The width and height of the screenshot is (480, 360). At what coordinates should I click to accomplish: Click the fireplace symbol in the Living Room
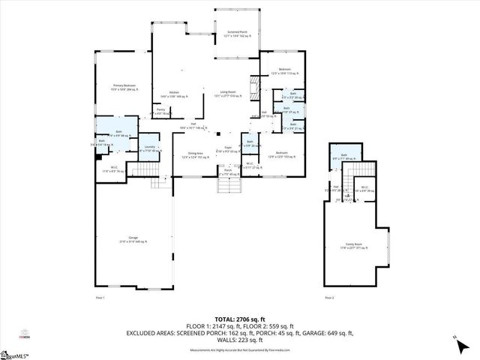[255, 88]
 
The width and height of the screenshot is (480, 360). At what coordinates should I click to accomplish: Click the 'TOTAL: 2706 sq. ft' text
[240, 319]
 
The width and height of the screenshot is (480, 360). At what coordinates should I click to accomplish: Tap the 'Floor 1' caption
[100, 298]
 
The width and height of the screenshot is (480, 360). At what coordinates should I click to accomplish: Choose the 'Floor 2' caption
[329, 298]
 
